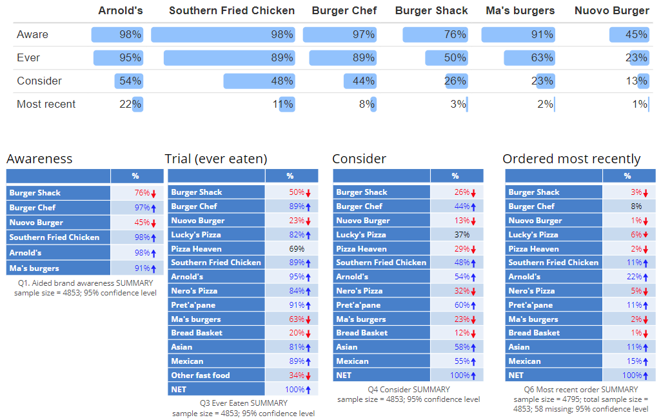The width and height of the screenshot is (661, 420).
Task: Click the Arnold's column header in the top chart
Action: pos(121,10)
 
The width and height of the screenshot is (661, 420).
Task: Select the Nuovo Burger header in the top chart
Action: pos(612,10)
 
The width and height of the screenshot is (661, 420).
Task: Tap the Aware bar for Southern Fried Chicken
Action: pos(223,35)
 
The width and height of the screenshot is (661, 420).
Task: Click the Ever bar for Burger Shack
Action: pos(446,58)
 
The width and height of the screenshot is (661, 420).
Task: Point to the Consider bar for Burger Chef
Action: pos(360,81)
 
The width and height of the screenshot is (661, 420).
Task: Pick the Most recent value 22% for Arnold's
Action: pos(130,105)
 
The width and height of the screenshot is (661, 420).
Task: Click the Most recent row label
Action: pos(46,105)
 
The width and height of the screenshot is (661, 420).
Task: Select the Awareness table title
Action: pos(39,159)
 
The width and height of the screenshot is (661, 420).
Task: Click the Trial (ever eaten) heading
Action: pos(216,159)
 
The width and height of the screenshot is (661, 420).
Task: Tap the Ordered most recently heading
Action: pos(571,159)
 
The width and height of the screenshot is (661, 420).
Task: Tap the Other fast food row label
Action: pos(201,375)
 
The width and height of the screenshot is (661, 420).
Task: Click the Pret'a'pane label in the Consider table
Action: pos(358,305)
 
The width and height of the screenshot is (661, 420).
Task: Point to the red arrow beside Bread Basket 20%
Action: pos(308,334)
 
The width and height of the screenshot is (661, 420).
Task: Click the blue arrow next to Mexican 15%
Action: pos(645,362)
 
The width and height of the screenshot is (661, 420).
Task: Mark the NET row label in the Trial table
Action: pos(179,390)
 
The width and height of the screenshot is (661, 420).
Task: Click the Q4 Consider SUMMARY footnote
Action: pos(409,390)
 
